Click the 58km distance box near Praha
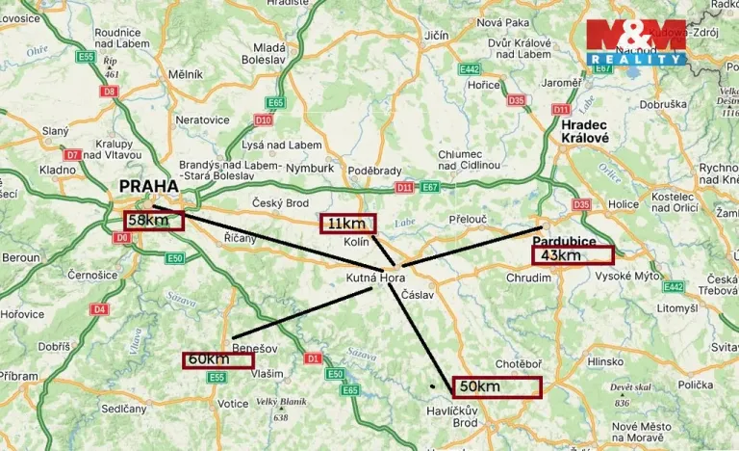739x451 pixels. pos(153,220)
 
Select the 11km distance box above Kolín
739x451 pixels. pos(348,224)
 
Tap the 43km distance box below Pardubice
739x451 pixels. pos(572,255)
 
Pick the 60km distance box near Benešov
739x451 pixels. pos(218,359)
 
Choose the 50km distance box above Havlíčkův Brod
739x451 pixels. pos(497,386)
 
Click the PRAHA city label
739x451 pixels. pos(148,186)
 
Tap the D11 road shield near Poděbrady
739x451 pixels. pos(403,187)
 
